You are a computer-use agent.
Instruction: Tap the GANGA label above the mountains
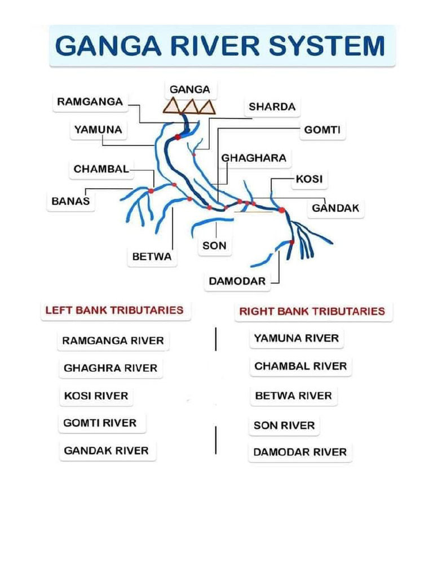click(189, 90)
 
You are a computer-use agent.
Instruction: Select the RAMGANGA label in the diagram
click(90, 101)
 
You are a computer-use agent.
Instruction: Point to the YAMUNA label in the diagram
click(98, 130)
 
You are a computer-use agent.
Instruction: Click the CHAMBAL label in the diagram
click(101, 169)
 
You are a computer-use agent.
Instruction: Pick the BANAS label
click(70, 201)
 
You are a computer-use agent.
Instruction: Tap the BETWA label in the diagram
click(152, 256)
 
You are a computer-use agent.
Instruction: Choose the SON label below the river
click(214, 246)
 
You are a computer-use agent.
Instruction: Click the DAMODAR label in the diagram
click(237, 281)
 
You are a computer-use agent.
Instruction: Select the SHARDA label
click(272, 106)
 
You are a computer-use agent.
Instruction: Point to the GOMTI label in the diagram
click(322, 130)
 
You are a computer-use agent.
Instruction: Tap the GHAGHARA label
click(254, 158)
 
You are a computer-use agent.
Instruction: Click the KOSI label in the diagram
click(310, 179)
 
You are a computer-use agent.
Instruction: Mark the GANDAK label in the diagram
click(335, 208)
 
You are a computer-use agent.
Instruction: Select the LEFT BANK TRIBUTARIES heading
click(114, 310)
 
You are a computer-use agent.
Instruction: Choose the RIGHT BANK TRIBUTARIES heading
click(312, 311)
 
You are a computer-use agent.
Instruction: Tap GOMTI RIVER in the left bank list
click(100, 423)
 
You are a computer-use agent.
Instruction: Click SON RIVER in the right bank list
click(284, 425)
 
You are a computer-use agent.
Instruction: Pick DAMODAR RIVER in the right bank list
click(300, 452)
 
